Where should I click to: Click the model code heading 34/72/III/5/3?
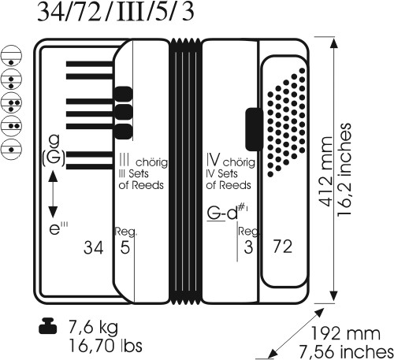pos(116,12)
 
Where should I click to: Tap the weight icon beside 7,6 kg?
pos(48,326)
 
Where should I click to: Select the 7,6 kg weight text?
pos(93,328)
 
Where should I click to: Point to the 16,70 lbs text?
pos(106,346)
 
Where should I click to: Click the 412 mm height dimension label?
pos(326,172)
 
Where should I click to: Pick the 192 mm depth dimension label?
pos(346,334)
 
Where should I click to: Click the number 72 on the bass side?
pos(282,247)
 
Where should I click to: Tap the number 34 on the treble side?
pos(94,247)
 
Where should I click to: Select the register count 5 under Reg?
pos(125,247)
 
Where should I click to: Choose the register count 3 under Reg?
pos(248,247)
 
